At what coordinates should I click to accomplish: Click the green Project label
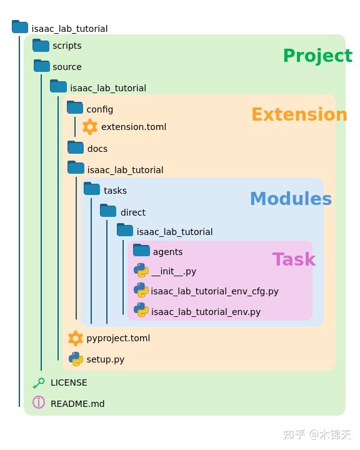pyautogui.click(x=317, y=56)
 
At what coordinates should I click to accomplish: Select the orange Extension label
pyautogui.click(x=299, y=114)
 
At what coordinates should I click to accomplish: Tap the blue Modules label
pyautogui.click(x=291, y=199)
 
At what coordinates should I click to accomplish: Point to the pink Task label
pyautogui.click(x=294, y=259)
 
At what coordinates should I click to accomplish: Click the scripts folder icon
pyautogui.click(x=41, y=45)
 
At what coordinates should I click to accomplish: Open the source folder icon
pyautogui.click(x=42, y=66)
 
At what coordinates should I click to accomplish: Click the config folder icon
pyautogui.click(x=75, y=108)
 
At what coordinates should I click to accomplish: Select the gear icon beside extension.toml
pyautogui.click(x=90, y=127)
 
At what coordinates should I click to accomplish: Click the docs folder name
pyautogui.click(x=97, y=149)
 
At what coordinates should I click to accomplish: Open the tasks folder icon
pyautogui.click(x=92, y=189)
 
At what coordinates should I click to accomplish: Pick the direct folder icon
pyautogui.click(x=108, y=211)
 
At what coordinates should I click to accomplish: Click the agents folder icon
pyautogui.click(x=141, y=251)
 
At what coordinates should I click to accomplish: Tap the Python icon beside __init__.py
pyautogui.click(x=141, y=271)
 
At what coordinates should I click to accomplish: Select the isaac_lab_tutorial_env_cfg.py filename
pyautogui.click(x=214, y=291)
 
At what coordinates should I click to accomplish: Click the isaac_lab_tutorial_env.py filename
pyautogui.click(x=206, y=312)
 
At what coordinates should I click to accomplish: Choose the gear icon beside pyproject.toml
pyautogui.click(x=76, y=338)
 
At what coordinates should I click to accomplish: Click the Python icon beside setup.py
pyautogui.click(x=76, y=359)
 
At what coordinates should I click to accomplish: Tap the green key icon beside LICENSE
pyautogui.click(x=39, y=382)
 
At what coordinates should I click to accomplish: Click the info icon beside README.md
pyautogui.click(x=39, y=402)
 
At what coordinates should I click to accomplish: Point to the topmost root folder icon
pyautogui.click(x=20, y=27)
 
